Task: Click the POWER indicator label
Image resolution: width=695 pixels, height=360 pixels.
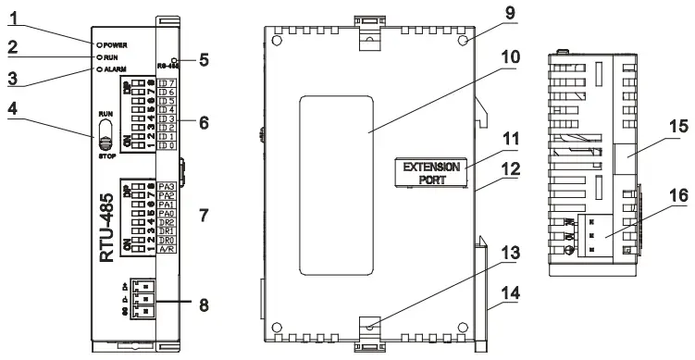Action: click(116, 44)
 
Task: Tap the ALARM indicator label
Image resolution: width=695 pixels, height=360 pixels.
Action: click(116, 68)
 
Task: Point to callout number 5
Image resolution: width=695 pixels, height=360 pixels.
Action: click(204, 60)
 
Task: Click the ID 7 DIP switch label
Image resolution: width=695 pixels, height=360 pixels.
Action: click(167, 84)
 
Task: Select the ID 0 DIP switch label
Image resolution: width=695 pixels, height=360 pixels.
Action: click(167, 145)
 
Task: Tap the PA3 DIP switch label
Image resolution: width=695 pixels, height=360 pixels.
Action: click(168, 188)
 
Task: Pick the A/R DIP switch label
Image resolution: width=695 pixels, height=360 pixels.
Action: click(168, 248)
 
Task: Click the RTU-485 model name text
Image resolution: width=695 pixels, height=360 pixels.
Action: click(107, 228)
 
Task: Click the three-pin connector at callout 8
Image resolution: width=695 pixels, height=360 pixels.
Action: click(141, 300)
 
